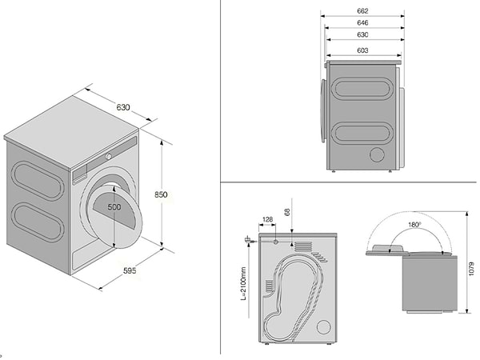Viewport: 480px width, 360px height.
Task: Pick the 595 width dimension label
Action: [130, 270]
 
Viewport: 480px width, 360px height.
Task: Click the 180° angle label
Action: [413, 225]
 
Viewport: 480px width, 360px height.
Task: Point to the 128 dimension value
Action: [266, 218]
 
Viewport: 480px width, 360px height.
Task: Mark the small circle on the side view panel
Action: [376, 154]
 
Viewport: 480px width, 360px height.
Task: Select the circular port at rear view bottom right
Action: [322, 327]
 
